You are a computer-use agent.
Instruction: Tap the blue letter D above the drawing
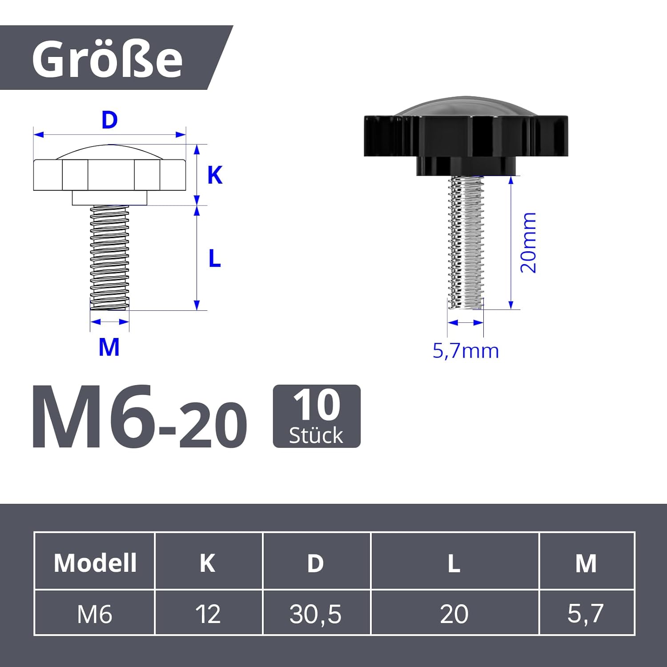pyautogui.click(x=109, y=120)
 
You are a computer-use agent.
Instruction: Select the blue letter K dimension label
pyautogui.click(x=215, y=175)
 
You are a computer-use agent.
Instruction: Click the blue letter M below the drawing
pyautogui.click(x=109, y=347)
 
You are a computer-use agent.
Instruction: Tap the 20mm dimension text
pyautogui.click(x=528, y=242)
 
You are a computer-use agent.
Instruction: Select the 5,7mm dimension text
pyautogui.click(x=466, y=351)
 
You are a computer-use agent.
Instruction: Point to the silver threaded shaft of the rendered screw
pyautogui.click(x=466, y=242)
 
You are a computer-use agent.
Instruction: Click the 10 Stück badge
pyautogui.click(x=317, y=416)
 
